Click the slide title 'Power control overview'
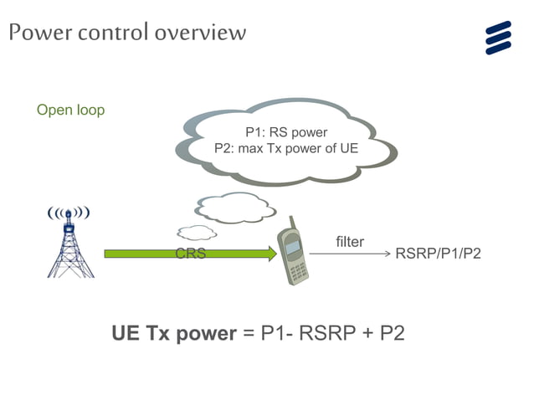[128, 33]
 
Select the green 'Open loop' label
[70, 110]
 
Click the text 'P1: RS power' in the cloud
[285, 132]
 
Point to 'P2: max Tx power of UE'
[286, 149]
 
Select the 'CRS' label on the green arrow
[190, 254]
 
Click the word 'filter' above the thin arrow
[349, 242]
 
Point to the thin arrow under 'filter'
[349, 254]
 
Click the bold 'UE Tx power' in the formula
[174, 333]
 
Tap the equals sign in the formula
[248, 334]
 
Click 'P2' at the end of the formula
[392, 333]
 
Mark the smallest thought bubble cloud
[197, 233]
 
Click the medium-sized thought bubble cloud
[235, 208]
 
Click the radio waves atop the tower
[69, 213]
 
